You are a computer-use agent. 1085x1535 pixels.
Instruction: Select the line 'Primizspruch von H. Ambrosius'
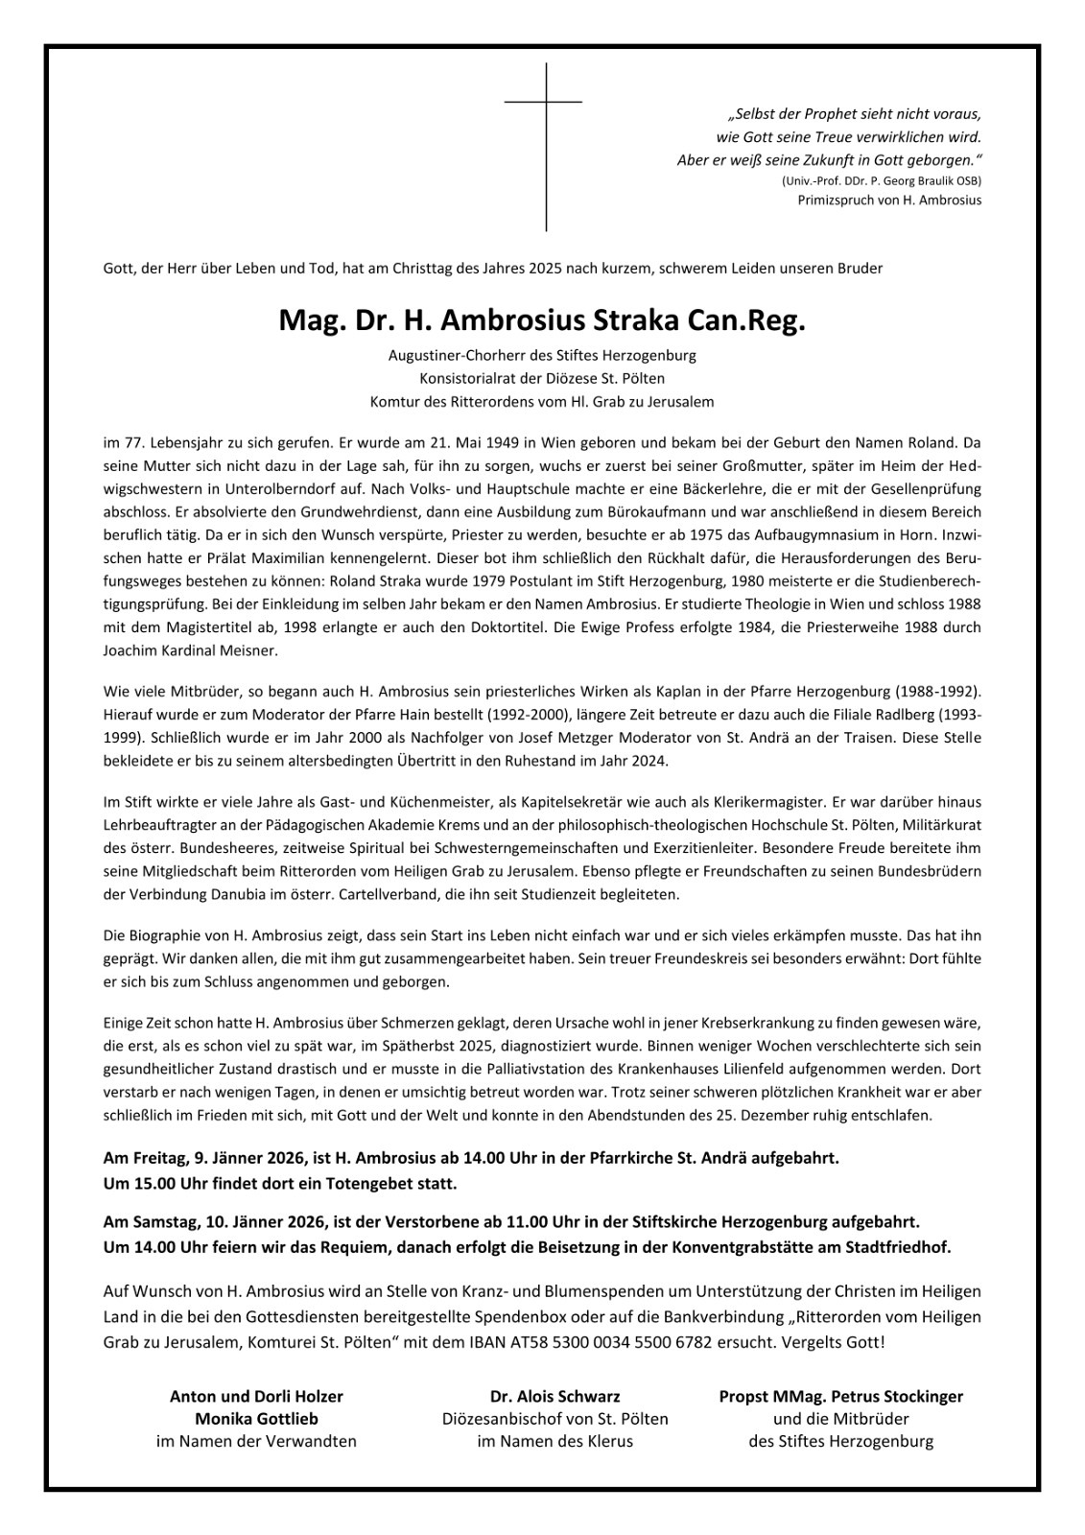coord(889,201)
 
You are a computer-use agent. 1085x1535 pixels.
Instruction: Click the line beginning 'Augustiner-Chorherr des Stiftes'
coord(542,355)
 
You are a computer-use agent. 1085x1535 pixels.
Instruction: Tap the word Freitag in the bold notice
coord(152,1158)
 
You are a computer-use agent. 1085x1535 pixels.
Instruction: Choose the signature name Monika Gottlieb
coord(256,1418)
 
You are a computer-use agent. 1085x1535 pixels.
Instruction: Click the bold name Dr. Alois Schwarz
coord(554,1396)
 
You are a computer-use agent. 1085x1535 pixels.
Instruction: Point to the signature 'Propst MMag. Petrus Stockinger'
coord(840,1396)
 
